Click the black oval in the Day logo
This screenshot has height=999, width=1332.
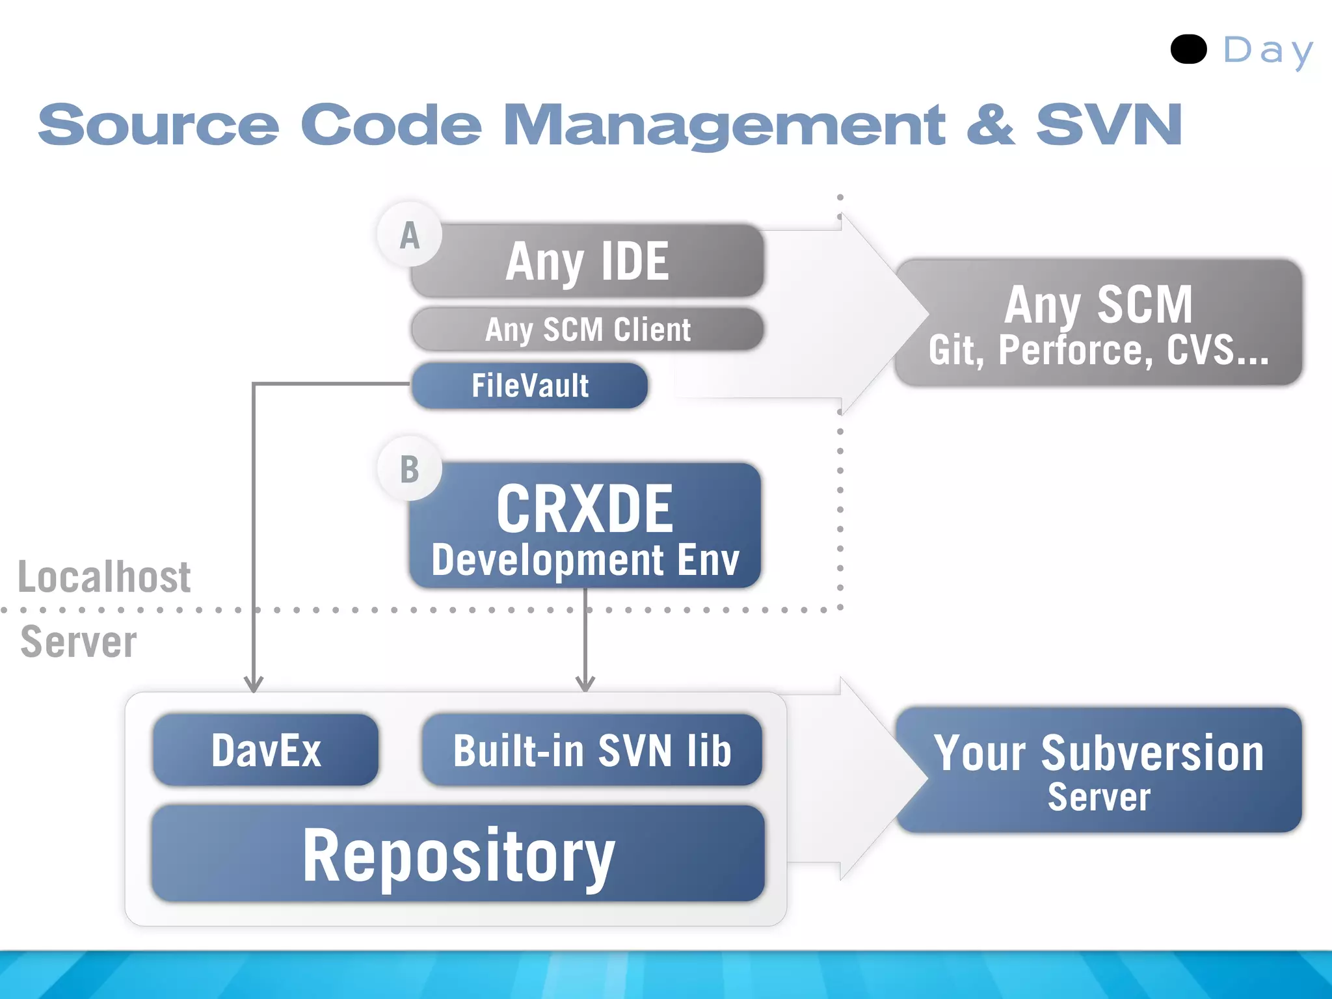[1188, 49]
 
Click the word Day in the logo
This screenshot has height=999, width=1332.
[1268, 51]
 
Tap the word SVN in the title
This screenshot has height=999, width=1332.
[1108, 124]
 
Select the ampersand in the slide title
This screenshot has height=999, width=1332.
[990, 124]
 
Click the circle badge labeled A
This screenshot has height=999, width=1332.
[410, 235]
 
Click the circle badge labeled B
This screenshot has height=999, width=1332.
[410, 469]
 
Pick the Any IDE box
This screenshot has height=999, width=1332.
[587, 261]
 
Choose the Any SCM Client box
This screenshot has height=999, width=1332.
[587, 329]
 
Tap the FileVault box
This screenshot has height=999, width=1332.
[530, 386]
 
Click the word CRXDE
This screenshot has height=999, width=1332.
[585, 508]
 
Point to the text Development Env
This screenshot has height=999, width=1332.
[585, 560]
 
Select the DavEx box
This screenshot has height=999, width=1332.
[265, 750]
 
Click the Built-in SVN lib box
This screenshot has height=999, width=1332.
[592, 750]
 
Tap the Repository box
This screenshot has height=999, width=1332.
[458, 854]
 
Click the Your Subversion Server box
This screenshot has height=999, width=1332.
[1099, 770]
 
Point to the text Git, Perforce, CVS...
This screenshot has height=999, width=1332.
[1099, 351]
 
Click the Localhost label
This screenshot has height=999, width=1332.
[104, 577]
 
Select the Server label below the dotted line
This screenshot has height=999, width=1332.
[79, 642]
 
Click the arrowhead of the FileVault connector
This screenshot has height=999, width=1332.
[254, 685]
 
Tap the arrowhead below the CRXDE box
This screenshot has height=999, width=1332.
[585, 684]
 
